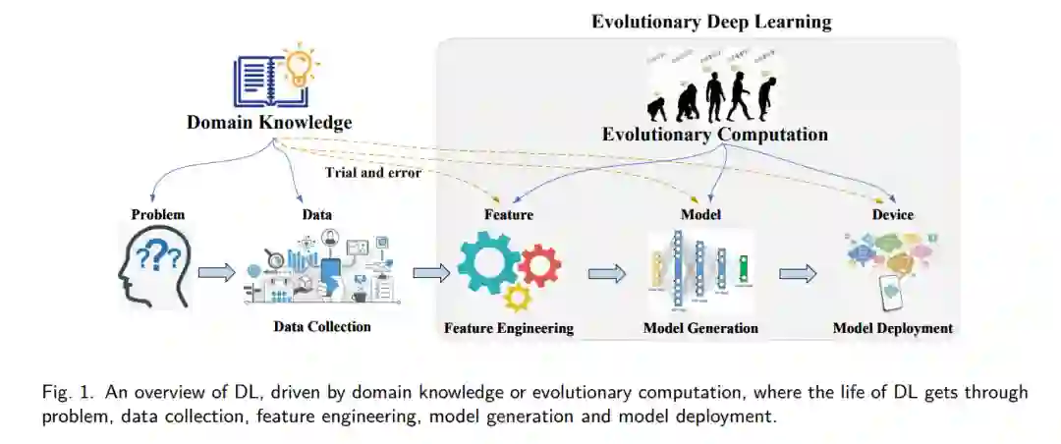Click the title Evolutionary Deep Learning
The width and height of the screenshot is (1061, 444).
coord(711,21)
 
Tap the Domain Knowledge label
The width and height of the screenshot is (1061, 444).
coord(268,123)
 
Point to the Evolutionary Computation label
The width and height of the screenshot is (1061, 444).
coord(714,135)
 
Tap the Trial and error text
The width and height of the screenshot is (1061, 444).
coord(373,173)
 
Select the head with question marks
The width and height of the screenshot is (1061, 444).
coord(154,266)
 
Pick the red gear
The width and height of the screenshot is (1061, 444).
coord(539,265)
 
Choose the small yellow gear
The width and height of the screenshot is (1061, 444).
coord(517,298)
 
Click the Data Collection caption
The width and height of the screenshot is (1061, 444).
coord(322,326)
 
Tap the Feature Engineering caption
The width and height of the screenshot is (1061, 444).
coord(508,328)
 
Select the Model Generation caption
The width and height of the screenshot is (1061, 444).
coord(700,328)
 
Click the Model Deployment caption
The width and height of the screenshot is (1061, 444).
coord(892,328)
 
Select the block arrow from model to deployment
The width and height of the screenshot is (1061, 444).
coord(798,274)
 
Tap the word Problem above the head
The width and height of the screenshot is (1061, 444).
coord(158,214)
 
